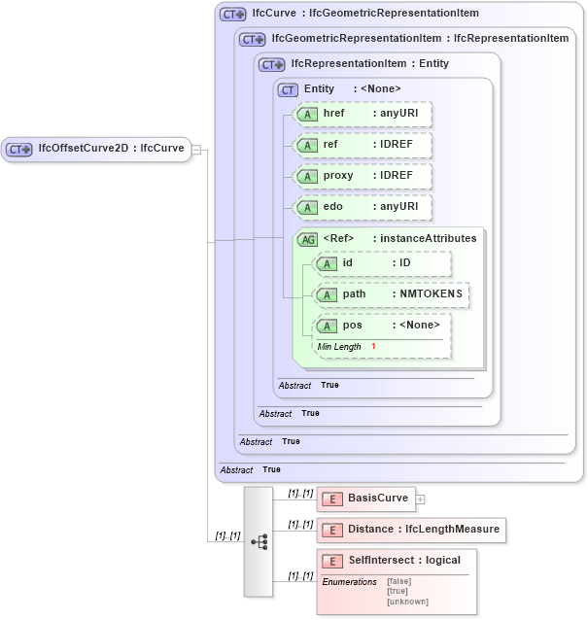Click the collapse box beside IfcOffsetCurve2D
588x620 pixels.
196,149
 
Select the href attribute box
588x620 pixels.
363,114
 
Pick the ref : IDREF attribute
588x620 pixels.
363,145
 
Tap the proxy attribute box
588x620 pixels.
363,176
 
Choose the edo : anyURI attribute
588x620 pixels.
363,207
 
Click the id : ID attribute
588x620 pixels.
382,263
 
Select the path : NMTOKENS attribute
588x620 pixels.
392,294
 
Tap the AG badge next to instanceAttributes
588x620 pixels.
307,238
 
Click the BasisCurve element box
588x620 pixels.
366,499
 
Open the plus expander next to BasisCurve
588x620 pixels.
421,499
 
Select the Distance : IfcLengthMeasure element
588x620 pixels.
411,530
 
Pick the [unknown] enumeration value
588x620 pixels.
407,602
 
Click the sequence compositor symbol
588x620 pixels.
259,542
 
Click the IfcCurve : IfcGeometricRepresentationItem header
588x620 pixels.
365,14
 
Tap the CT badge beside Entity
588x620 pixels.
288,89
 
